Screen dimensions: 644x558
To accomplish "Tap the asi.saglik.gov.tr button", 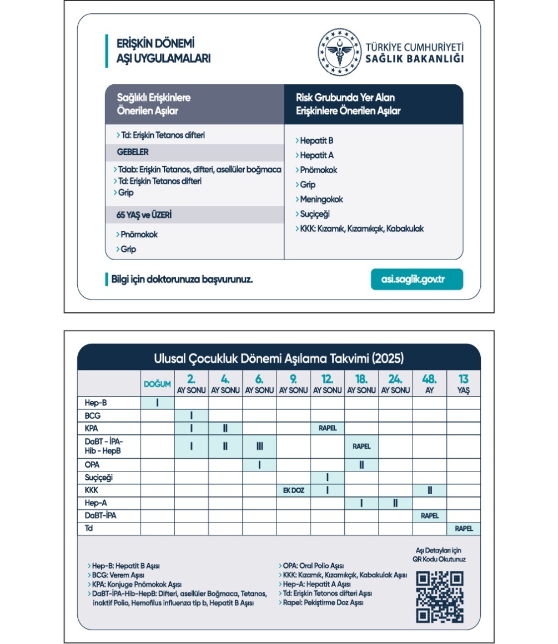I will pyautogui.click(x=416, y=279).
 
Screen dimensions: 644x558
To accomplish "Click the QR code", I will pyautogui.click(x=439, y=596).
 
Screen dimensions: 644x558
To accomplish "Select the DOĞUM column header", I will pyautogui.click(x=158, y=384).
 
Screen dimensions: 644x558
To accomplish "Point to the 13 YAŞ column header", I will pyautogui.click(x=463, y=384).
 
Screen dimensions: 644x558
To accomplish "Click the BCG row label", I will pyautogui.click(x=93, y=415).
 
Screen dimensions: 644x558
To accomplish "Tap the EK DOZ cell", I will pyautogui.click(x=294, y=490).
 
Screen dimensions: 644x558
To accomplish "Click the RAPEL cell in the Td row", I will pyautogui.click(x=464, y=529).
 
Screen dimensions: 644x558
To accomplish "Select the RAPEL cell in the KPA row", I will pyautogui.click(x=328, y=428).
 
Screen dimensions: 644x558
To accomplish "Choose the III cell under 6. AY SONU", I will pyautogui.click(x=260, y=447).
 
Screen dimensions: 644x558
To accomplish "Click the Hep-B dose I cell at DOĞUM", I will pyautogui.click(x=158, y=403).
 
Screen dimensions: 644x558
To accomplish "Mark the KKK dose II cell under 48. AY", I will pyautogui.click(x=430, y=490).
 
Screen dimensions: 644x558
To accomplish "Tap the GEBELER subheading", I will pyautogui.click(x=133, y=152).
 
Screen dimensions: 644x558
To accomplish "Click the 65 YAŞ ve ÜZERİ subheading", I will pyautogui.click(x=144, y=215).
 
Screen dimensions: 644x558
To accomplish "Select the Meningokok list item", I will pyautogui.click(x=321, y=199).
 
